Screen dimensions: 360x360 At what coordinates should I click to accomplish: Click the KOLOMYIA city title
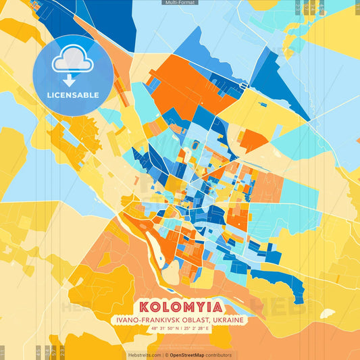180,306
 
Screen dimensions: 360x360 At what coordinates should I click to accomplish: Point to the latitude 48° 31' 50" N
155,329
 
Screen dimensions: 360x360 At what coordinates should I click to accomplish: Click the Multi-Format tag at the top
180,3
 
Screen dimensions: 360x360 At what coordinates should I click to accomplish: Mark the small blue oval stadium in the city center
196,145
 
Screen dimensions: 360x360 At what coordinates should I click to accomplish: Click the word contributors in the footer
219,355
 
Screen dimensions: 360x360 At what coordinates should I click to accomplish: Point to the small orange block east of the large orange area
253,140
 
